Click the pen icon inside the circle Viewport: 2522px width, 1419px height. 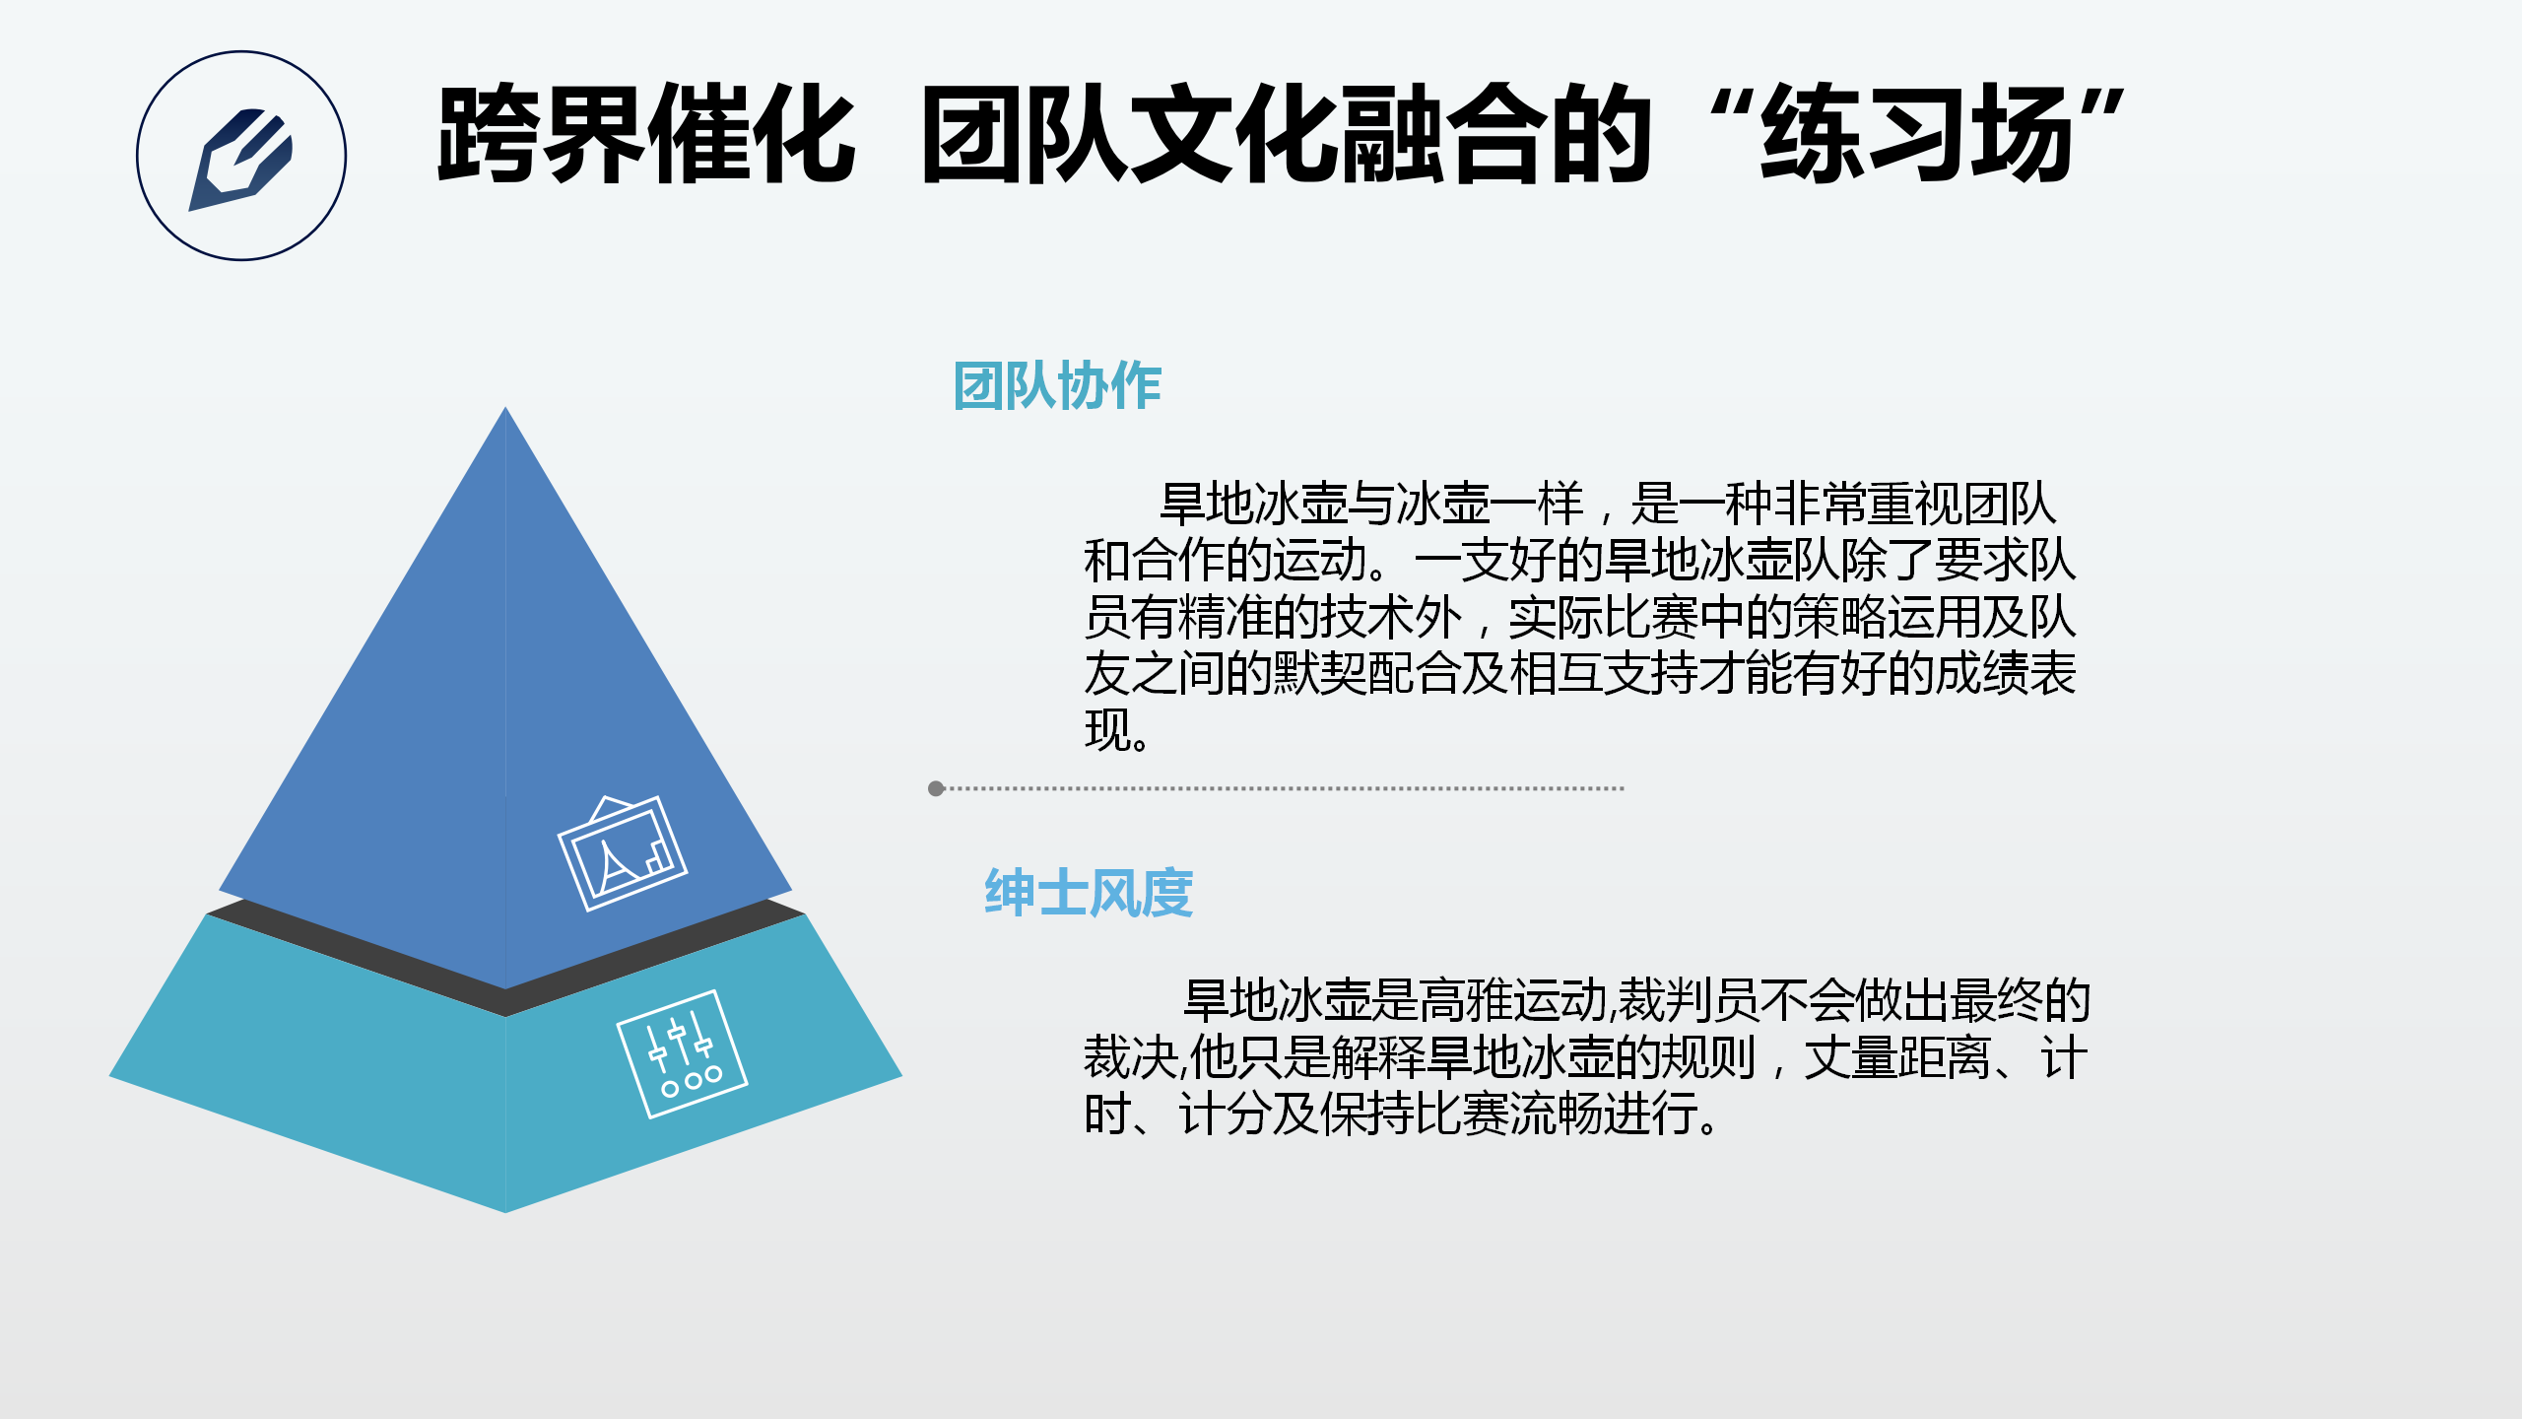pos(240,159)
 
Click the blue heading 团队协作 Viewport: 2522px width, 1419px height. pos(1057,385)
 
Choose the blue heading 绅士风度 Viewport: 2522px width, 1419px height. pos(1089,893)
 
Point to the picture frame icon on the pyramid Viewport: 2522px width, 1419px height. pos(623,853)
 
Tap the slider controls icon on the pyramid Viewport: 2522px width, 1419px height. pos(682,1054)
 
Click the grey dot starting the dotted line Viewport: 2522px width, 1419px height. pos(936,788)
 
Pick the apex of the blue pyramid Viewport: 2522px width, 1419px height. pos(505,408)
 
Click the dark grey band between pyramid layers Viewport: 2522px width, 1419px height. pos(505,1000)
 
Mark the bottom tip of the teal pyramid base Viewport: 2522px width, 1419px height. pos(505,1211)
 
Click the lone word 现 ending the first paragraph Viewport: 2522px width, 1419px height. pos(1106,730)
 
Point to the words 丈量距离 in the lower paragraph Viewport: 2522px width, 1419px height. pos(1897,1057)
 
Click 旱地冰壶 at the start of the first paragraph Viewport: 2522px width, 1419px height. pos(1253,504)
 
